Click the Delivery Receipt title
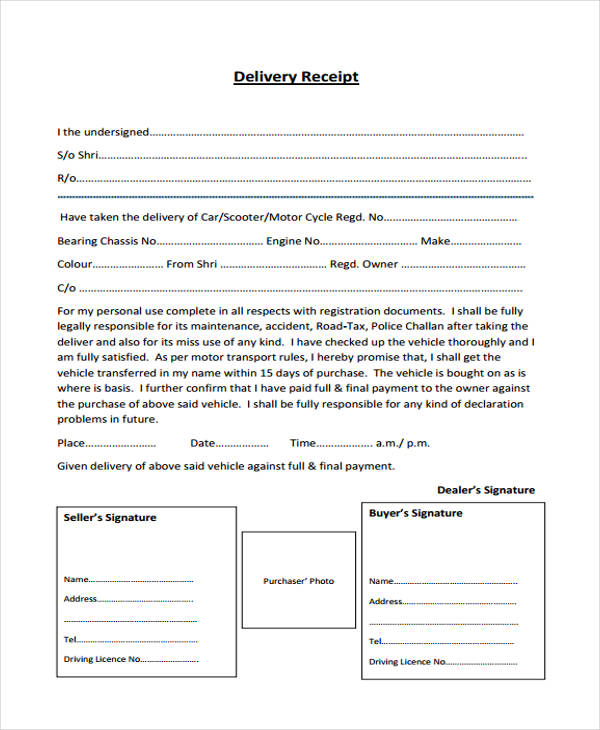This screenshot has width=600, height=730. tap(295, 77)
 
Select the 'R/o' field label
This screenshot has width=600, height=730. tap(66, 179)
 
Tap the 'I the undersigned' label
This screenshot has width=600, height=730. tap(102, 131)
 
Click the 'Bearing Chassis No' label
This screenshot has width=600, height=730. tap(106, 241)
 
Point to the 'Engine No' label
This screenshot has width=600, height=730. tap(293, 241)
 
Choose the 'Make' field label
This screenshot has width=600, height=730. tap(435, 241)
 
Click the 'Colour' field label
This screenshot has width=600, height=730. tap(74, 265)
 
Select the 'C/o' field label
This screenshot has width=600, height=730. tap(66, 288)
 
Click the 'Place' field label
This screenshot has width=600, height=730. tap(71, 443)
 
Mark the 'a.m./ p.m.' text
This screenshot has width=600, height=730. tap(403, 443)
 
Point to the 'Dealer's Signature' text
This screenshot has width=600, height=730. tap(485, 490)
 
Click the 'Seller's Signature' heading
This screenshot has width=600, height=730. tap(110, 518)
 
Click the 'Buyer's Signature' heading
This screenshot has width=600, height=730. tap(416, 513)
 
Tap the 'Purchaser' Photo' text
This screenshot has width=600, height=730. tap(298, 581)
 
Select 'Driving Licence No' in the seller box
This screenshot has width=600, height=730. tap(102, 660)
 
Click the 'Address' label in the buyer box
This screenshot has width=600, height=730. tap(385, 602)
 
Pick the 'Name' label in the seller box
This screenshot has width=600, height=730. tap(76, 580)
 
